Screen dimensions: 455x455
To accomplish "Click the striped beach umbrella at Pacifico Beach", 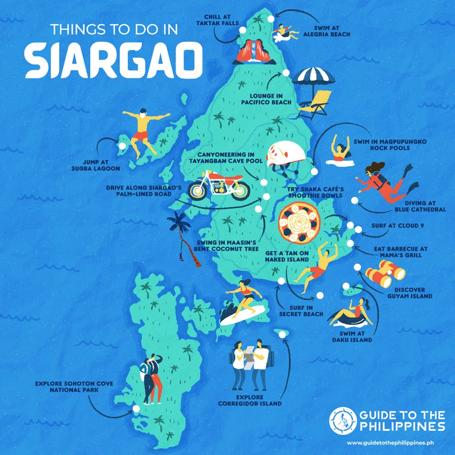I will (x=313, y=78).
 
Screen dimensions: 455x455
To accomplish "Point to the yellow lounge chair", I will (x=317, y=104).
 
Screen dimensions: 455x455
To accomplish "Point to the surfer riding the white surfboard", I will (x=242, y=304).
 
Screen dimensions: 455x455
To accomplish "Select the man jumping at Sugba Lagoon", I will (x=144, y=132).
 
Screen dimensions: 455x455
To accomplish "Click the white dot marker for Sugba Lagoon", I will (x=122, y=146).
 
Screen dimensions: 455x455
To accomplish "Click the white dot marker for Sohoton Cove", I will (x=136, y=409).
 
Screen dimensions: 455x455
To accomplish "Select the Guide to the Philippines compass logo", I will (x=341, y=420).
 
